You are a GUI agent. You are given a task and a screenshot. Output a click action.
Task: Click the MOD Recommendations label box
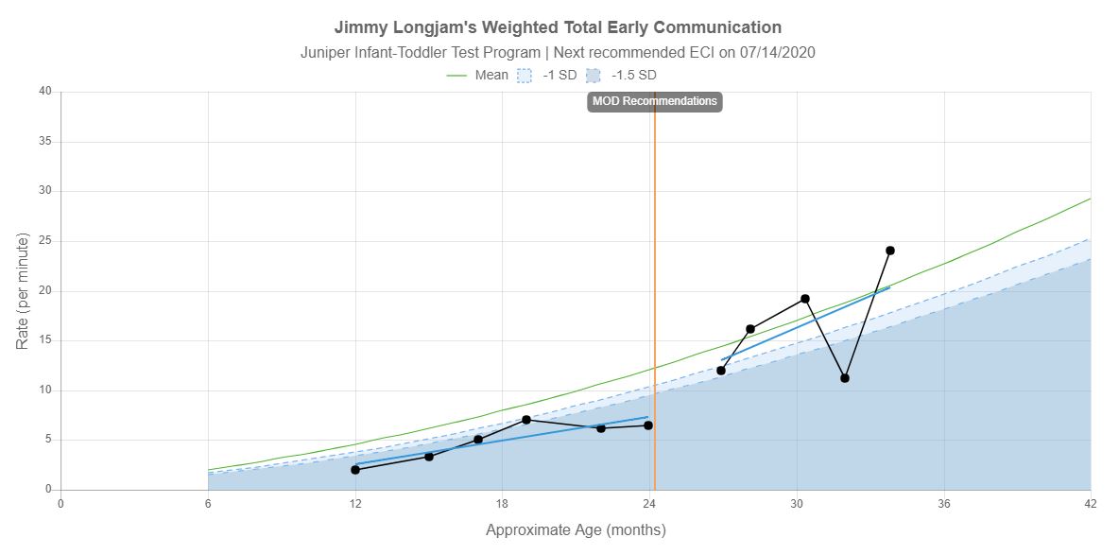click(x=654, y=101)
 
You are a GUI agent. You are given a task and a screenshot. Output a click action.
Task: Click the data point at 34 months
click(x=890, y=251)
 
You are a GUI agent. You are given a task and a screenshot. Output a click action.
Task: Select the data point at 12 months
click(x=355, y=470)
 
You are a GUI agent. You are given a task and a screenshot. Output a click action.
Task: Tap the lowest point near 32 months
click(x=845, y=378)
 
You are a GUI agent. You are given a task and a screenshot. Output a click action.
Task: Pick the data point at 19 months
click(x=526, y=420)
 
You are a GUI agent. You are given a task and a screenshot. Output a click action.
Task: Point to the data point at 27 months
click(x=721, y=371)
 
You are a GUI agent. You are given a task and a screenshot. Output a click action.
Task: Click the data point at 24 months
click(x=648, y=425)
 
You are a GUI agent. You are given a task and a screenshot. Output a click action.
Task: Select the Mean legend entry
click(x=478, y=75)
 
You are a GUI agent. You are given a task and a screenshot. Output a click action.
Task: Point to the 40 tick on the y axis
click(x=45, y=92)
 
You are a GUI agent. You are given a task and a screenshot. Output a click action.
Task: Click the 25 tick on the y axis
click(x=45, y=241)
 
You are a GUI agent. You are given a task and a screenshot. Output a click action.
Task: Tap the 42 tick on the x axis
click(x=1091, y=503)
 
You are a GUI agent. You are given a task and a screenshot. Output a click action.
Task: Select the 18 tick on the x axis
click(x=503, y=503)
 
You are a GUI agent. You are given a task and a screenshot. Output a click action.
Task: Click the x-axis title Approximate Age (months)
click(x=576, y=529)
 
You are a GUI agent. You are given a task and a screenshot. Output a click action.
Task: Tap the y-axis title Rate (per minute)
click(x=23, y=290)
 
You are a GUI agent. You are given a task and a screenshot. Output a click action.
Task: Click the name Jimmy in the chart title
click(x=361, y=27)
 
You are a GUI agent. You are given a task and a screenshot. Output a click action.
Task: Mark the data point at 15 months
click(x=429, y=457)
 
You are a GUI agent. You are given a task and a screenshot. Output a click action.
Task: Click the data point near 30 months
click(x=805, y=299)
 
